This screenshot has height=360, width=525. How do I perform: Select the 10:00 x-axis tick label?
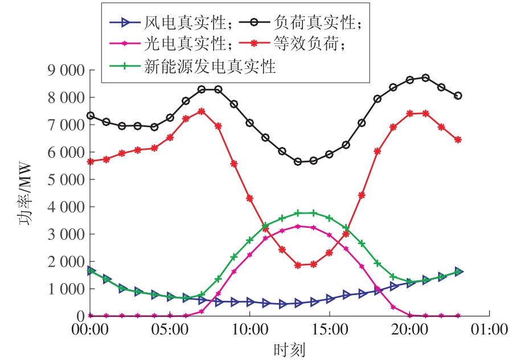(x=249, y=330)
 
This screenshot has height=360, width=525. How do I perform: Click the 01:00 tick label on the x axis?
(x=490, y=330)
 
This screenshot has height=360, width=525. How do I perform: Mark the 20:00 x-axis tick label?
(x=409, y=330)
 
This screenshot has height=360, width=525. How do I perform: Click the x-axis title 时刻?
(x=289, y=348)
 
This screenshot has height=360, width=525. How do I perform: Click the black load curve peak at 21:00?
(x=425, y=77)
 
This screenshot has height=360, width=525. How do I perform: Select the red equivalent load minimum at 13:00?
(x=297, y=265)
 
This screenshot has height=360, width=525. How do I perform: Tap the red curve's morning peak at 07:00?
(x=202, y=111)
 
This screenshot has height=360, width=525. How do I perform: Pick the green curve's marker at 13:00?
(x=297, y=213)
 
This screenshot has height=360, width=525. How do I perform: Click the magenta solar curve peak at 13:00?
(x=297, y=226)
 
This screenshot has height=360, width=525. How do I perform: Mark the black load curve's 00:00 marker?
(x=90, y=116)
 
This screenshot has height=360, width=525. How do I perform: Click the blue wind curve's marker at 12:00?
(x=282, y=304)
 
